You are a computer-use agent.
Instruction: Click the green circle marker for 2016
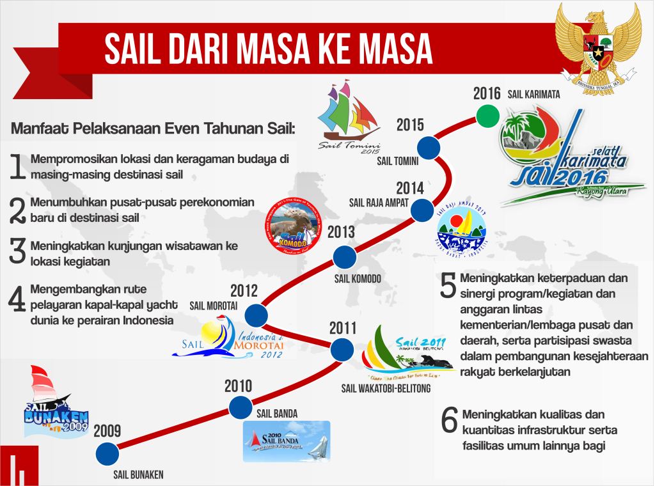[488, 115]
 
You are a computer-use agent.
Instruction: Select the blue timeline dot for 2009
[107, 453]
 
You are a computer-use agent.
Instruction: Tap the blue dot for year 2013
[345, 256]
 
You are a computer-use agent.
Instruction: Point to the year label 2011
[343, 328]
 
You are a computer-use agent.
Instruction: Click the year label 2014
[409, 188]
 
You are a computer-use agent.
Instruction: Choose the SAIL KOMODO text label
[358, 279]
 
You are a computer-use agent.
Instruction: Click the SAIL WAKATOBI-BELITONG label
[386, 388]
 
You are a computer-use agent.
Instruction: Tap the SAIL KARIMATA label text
[534, 94]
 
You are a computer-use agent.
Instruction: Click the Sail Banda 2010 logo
[287, 441]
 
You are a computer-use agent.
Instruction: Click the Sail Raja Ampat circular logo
[461, 229]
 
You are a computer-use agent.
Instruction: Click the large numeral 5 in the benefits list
[448, 287]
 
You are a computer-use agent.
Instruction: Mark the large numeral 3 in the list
[17, 251]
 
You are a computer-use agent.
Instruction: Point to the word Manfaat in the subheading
[40, 128]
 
